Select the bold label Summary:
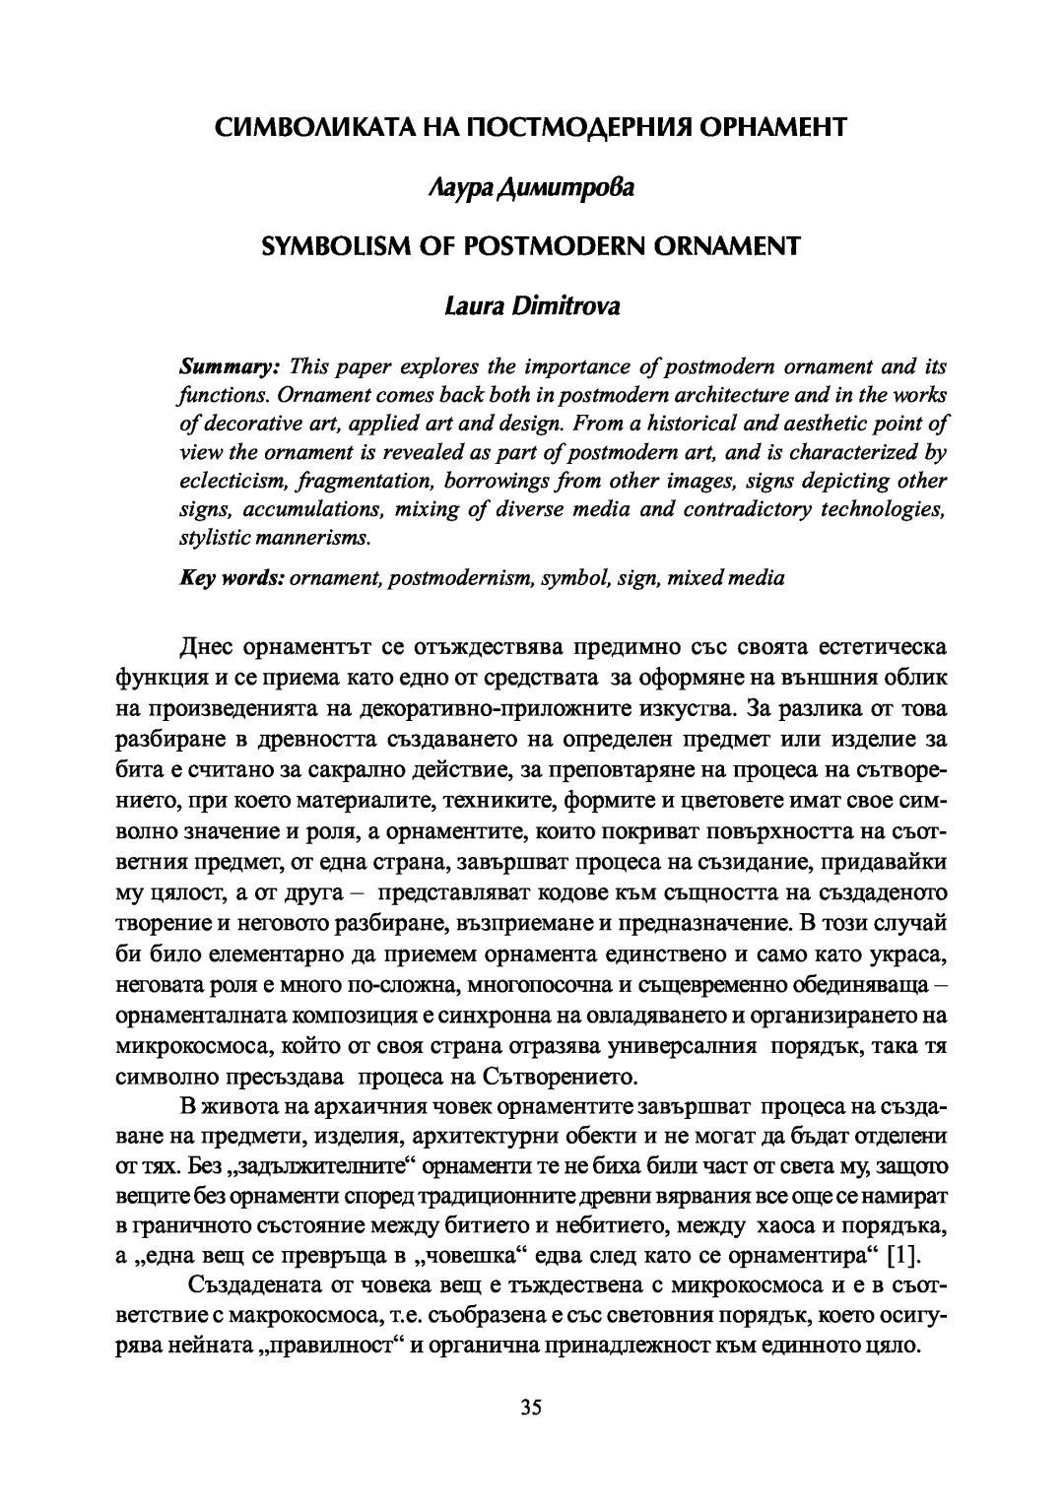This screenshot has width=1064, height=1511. point(229,367)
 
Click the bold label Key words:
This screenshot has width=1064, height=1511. point(231,578)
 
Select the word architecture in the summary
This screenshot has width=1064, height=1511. point(695,396)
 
